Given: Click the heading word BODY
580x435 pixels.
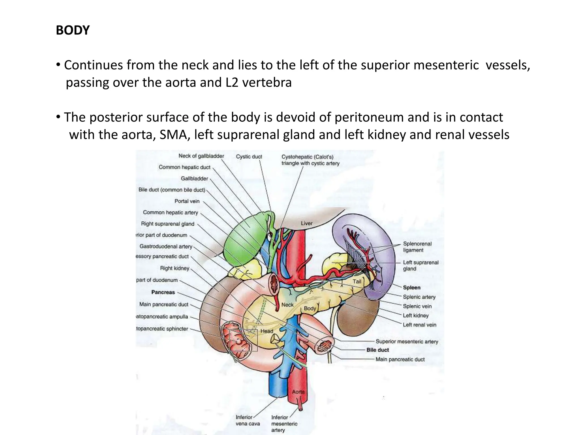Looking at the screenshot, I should (73, 30).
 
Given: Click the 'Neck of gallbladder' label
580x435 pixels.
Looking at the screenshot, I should (201, 156).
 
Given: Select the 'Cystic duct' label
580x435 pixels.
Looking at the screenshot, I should (249, 157).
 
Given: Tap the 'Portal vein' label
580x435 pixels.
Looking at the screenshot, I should (187, 201).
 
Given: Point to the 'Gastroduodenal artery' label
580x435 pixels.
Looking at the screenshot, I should (166, 246).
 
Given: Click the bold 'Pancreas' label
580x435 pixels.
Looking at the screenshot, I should (163, 292).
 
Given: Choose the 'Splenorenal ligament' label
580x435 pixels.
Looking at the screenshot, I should (417, 247).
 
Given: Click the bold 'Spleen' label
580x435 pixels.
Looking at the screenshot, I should (411, 287).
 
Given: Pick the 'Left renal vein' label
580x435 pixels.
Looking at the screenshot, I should (419, 325).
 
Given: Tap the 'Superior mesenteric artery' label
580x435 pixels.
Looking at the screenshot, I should (407, 342).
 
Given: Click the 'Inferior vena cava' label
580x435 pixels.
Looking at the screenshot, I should (248, 421).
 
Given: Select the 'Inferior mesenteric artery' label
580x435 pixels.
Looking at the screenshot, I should (284, 424).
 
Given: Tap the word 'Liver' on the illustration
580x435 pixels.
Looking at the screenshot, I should (306, 223).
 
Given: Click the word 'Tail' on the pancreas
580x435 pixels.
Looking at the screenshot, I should (357, 281).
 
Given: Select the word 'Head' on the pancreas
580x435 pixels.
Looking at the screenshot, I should (267, 331).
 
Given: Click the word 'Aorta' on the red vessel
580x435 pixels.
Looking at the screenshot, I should (298, 392).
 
